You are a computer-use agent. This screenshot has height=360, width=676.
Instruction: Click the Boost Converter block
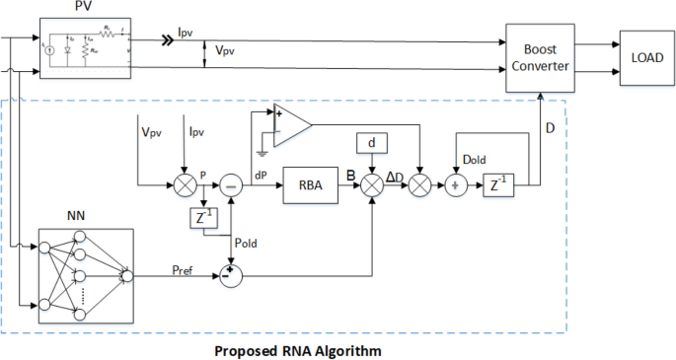541,57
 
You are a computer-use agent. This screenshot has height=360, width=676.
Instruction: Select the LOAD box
646,57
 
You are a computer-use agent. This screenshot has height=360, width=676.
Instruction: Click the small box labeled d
370,144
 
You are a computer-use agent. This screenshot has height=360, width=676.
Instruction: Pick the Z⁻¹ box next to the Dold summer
496,183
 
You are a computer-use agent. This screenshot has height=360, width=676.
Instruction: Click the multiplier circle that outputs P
184,183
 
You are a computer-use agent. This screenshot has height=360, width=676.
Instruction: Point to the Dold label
475,158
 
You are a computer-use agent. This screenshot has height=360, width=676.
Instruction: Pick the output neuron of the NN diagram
125,277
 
